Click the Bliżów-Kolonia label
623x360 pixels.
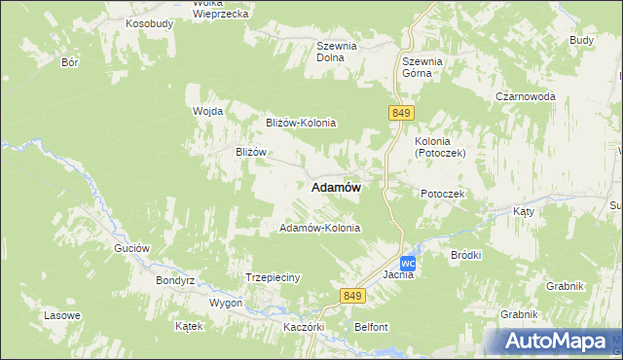click(301, 123)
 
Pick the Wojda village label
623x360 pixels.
click(208, 111)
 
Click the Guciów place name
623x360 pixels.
click(131, 248)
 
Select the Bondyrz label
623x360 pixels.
click(176, 280)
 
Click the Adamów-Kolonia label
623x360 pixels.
click(320, 228)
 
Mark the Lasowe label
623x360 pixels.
click(62, 316)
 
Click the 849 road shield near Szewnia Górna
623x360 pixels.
click(399, 113)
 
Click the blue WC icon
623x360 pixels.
click(409, 264)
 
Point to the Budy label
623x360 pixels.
click(581, 40)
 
